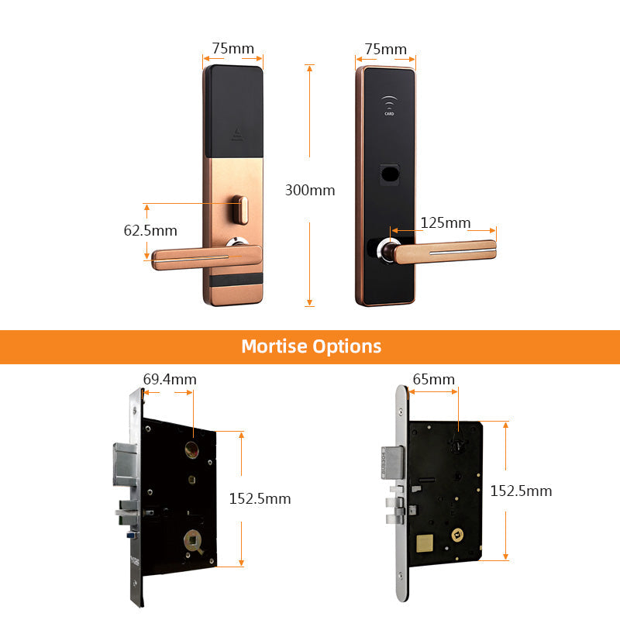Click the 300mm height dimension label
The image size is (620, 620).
[x=310, y=190]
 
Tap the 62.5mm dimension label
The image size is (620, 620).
[x=150, y=230]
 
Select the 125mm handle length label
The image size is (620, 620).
[x=445, y=222]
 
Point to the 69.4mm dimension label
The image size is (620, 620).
[x=170, y=379]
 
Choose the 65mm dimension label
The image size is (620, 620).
[x=433, y=379]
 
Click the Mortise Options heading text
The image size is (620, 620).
[x=312, y=346]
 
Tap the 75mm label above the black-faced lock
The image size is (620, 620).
[x=385, y=50]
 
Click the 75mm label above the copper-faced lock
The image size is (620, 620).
[x=233, y=49]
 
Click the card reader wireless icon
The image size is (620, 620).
[x=389, y=105]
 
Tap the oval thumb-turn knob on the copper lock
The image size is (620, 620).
[x=240, y=209]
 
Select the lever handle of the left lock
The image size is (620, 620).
[x=206, y=257]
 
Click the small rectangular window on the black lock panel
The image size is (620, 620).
[x=390, y=174]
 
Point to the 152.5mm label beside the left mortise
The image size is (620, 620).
[x=260, y=498]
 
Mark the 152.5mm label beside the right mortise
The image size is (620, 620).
[x=521, y=491]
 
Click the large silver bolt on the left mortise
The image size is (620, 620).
[x=126, y=464]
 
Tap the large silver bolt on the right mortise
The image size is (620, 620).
[x=393, y=462]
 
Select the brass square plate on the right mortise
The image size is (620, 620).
[x=425, y=544]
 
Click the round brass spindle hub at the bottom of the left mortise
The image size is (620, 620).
[x=193, y=540]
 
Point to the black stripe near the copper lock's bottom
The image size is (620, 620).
[x=236, y=280]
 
